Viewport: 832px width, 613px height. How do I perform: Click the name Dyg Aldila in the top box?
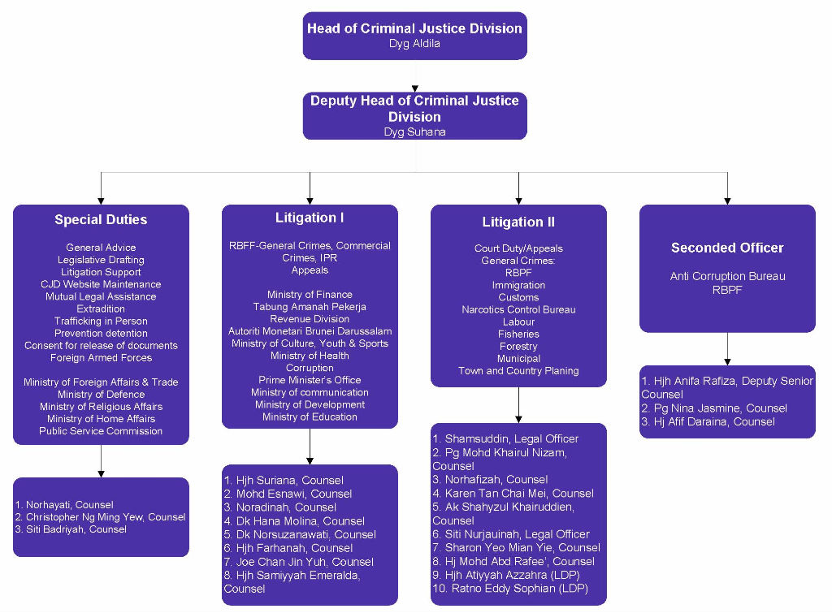coord(414,43)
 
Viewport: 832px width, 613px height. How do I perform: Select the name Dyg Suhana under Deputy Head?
coord(414,132)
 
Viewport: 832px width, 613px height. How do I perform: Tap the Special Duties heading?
coord(101,219)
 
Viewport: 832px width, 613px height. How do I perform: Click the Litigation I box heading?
coord(310,218)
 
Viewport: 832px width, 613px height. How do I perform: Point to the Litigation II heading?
coord(518,222)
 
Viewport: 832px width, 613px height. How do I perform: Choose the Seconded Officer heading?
coord(727,248)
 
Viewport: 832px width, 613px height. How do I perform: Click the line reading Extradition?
coord(101,309)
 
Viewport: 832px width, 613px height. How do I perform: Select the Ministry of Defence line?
coord(101,394)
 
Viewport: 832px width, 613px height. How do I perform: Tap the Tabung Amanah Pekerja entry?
coord(310,306)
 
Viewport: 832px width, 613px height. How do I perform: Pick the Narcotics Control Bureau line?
coord(518,309)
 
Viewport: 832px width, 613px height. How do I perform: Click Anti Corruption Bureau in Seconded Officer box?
coord(727,276)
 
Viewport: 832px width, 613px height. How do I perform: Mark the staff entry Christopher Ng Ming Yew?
coord(106,516)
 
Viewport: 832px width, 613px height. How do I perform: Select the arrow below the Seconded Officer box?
coord(727,349)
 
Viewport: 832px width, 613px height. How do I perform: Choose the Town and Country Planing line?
coord(518,370)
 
